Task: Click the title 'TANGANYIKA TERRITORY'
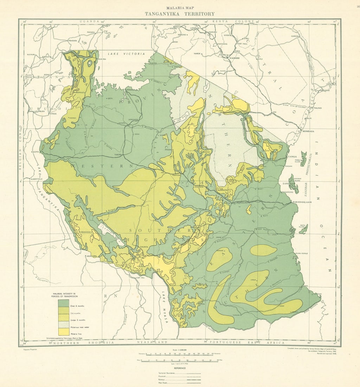(180, 14)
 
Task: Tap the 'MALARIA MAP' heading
(180, 7)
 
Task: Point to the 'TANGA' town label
(292, 156)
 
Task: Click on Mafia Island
(303, 229)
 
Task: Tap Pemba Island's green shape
(303, 159)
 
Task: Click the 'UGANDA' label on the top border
(88, 21)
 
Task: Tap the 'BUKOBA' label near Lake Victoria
(102, 59)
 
